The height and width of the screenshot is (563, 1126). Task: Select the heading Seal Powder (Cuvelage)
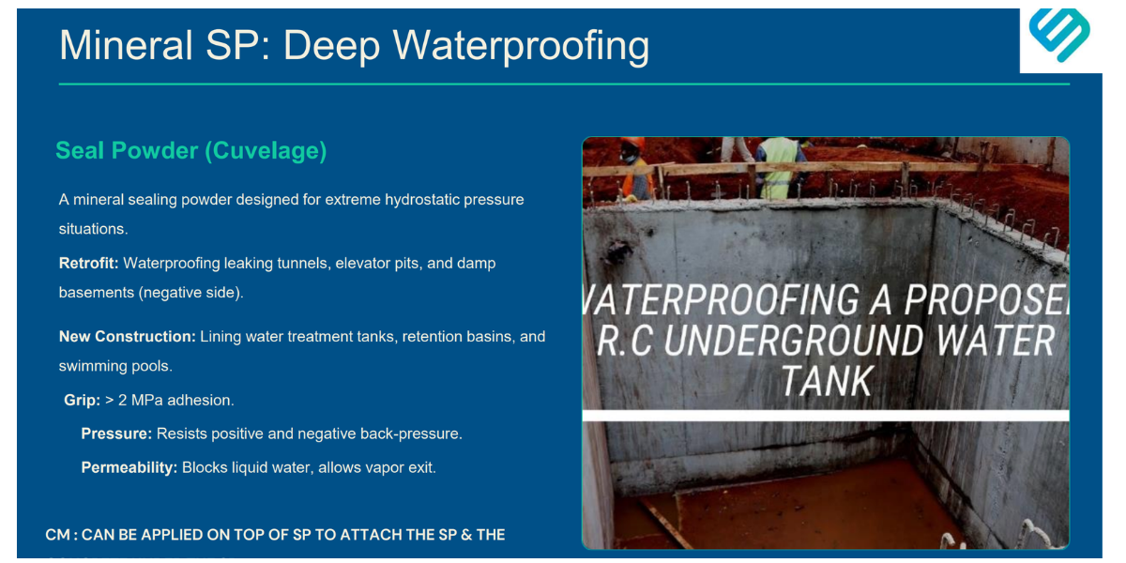pyautogui.click(x=191, y=150)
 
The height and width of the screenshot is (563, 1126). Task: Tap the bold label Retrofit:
pyautogui.click(x=89, y=263)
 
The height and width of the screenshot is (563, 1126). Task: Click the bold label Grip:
pyautogui.click(x=83, y=400)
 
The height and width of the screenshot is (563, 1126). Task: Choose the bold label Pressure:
pyautogui.click(x=116, y=434)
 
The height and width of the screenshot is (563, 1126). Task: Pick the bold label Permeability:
pyautogui.click(x=129, y=466)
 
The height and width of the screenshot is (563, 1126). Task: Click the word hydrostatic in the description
pyautogui.click(x=423, y=199)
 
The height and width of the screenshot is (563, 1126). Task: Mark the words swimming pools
pyautogui.click(x=115, y=365)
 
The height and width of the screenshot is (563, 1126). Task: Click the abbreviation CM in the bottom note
pyautogui.click(x=57, y=535)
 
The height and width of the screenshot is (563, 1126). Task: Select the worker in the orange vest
pyautogui.click(x=635, y=169)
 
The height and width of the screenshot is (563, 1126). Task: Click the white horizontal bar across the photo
pyautogui.click(x=826, y=415)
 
